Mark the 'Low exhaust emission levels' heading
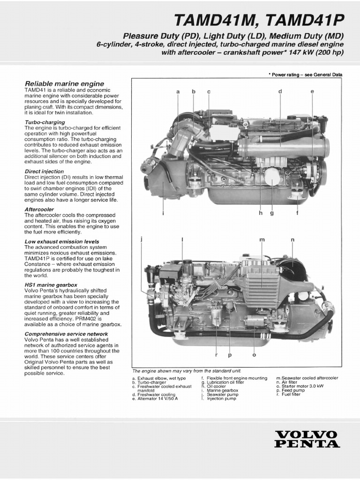[x=61, y=242]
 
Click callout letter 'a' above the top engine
[x=178, y=91]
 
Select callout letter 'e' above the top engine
[x=312, y=91]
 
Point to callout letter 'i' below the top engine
[x=163, y=213]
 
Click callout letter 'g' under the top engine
[x=271, y=213]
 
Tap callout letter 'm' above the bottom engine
[x=262, y=240]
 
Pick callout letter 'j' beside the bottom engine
[x=141, y=240]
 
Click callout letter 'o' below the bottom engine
[x=254, y=355]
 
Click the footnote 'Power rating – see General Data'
[x=305, y=75]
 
